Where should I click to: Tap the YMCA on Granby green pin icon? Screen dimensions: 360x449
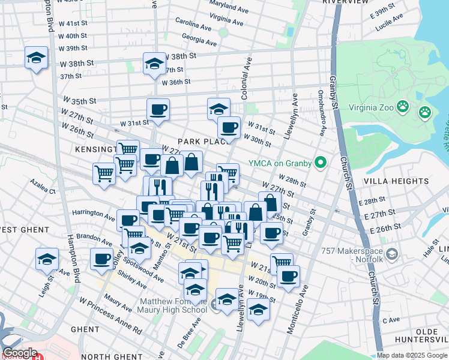(321, 162)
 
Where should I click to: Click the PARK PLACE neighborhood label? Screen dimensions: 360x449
(201, 142)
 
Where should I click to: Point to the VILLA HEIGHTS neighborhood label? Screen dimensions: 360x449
(390, 180)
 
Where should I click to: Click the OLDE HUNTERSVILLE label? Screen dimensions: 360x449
(427, 336)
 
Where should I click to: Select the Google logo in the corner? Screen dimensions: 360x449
(20, 353)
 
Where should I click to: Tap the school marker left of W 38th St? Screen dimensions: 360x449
(36, 58)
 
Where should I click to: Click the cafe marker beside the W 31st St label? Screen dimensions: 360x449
(158, 109)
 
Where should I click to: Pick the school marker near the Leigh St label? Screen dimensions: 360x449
(47, 259)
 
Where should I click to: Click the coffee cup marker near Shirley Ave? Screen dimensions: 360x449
(101, 259)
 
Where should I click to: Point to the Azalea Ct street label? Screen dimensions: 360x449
(44, 191)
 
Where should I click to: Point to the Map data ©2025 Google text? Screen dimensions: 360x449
(412, 355)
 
